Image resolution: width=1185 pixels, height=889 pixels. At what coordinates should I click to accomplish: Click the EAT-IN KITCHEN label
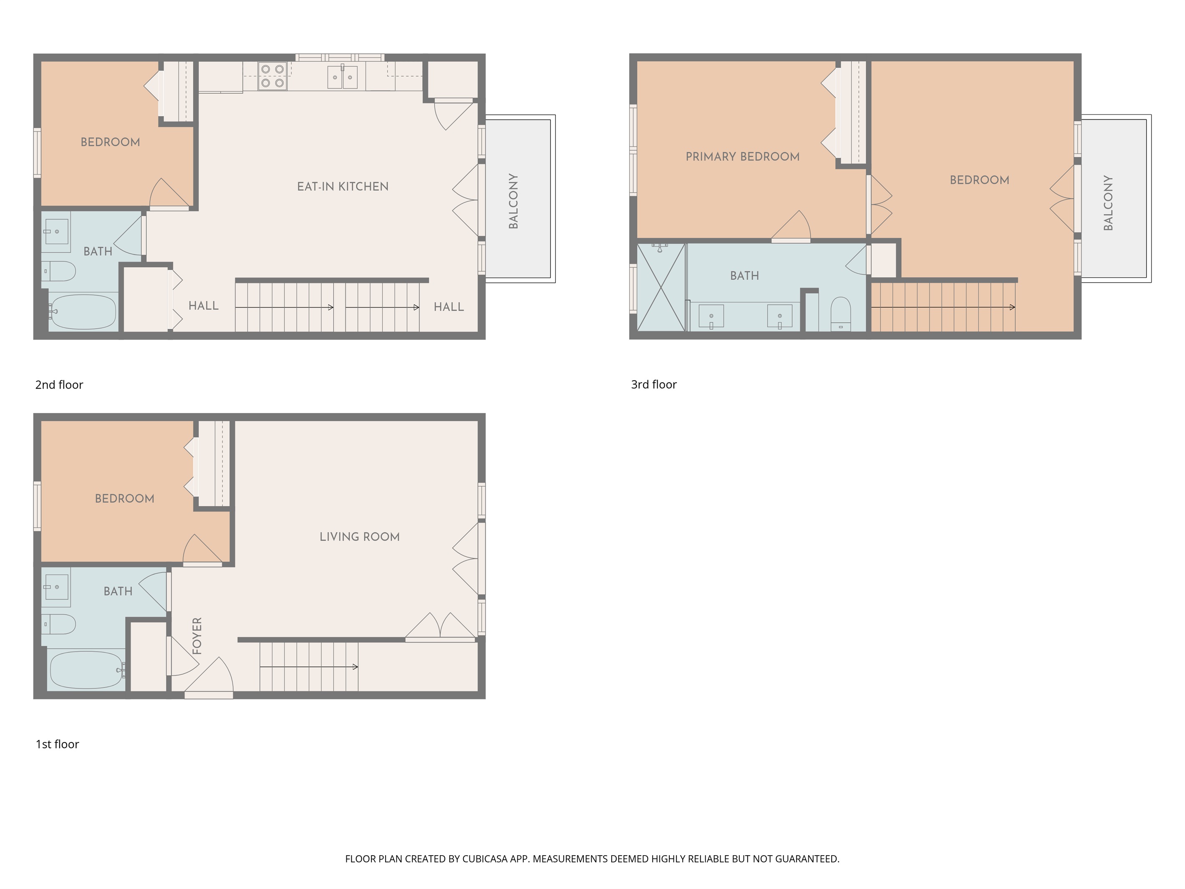point(343,187)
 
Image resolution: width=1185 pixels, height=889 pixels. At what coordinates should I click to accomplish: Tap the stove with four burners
point(272,76)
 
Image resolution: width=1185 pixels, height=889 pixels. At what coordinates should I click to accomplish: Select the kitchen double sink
point(342,77)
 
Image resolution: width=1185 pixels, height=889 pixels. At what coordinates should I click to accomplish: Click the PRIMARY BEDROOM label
point(742,157)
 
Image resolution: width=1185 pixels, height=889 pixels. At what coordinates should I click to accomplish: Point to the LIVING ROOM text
point(360,537)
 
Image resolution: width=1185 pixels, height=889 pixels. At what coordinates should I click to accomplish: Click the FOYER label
point(197,636)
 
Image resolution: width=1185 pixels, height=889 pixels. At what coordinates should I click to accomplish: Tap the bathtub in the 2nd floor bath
point(83,311)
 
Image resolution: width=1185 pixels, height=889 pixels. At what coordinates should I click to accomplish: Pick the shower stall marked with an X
point(661,287)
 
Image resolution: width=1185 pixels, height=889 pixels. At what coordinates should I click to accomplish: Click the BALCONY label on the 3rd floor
point(1108,202)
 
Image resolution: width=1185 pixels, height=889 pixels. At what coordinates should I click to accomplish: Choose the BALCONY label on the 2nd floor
point(513,201)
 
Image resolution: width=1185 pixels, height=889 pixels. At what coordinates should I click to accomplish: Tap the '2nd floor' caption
point(59,385)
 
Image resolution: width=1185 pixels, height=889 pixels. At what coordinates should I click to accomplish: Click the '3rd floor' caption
point(653,384)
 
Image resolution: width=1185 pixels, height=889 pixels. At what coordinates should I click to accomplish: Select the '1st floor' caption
point(57,744)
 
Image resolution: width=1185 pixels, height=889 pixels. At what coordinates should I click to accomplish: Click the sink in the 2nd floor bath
point(56,232)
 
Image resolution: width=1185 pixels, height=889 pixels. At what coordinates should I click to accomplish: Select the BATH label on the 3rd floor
point(744,276)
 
